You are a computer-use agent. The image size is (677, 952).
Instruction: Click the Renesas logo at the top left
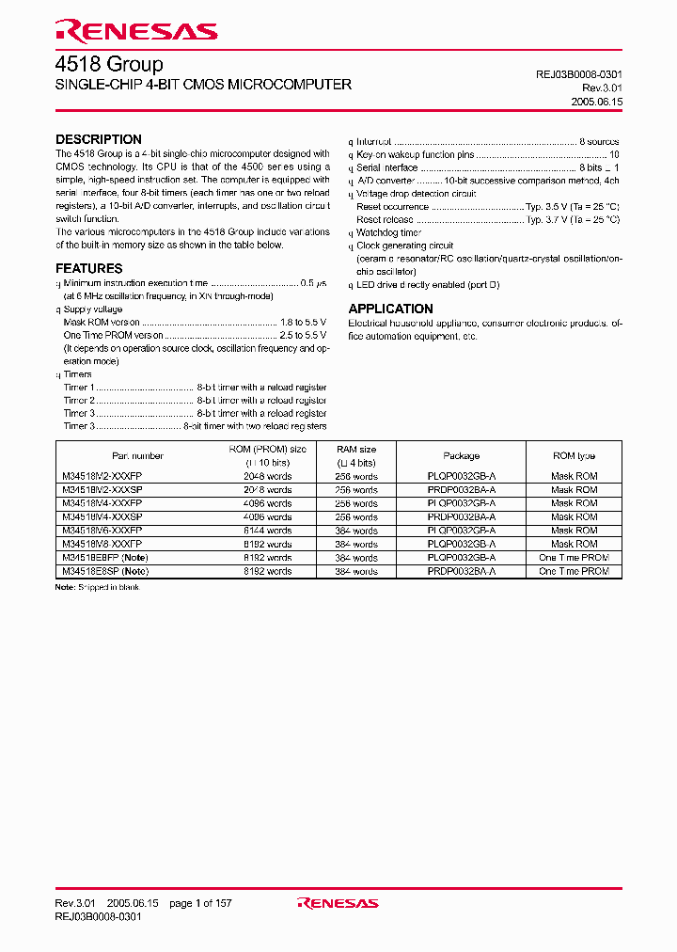tap(136, 31)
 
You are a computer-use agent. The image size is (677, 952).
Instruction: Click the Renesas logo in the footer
tap(338, 903)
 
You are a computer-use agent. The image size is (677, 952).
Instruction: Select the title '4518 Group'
tap(109, 65)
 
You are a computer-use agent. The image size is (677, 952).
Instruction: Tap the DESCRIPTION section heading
tap(99, 139)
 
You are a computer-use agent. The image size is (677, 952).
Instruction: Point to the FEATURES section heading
tap(89, 268)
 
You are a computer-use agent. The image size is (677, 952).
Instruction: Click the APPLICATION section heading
tap(391, 309)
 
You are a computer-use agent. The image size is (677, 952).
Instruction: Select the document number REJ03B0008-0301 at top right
tap(573, 73)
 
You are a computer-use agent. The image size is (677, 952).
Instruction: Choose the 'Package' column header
tap(461, 455)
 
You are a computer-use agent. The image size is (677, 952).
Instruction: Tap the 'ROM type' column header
tap(574, 455)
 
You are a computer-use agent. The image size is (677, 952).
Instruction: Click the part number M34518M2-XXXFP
tap(102, 477)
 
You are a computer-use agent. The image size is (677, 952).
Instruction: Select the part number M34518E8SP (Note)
tap(105, 571)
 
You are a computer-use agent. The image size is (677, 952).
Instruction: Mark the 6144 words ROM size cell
tap(268, 531)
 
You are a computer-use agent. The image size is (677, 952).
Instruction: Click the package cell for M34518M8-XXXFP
tap(461, 544)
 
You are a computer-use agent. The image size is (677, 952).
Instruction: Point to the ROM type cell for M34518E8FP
tap(574, 558)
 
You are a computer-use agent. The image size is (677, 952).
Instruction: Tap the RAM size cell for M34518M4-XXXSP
tap(356, 517)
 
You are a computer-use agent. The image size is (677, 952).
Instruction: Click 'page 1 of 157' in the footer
tap(200, 903)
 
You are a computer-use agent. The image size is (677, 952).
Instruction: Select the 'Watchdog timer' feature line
tap(389, 232)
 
